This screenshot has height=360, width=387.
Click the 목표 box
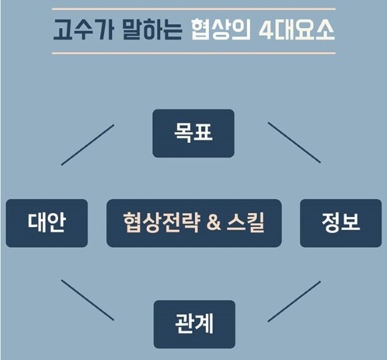click(x=193, y=134)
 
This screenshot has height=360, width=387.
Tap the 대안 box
click(x=47, y=223)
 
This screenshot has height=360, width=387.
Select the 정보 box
click(x=340, y=223)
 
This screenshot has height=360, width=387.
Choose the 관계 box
click(x=194, y=324)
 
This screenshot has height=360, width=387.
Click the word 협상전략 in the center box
click(x=161, y=222)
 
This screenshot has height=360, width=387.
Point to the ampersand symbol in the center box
click(x=214, y=222)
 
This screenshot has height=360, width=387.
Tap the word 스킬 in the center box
click(x=246, y=222)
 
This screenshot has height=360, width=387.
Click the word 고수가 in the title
click(x=83, y=29)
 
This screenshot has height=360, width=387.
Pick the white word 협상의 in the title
click(x=221, y=29)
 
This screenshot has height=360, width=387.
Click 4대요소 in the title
click(x=297, y=29)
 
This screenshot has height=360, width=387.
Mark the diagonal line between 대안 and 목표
click(x=87, y=145)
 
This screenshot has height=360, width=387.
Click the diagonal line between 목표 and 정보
click(x=294, y=142)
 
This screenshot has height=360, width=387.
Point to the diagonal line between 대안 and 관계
click(x=87, y=300)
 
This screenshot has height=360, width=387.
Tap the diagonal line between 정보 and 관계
click(x=294, y=301)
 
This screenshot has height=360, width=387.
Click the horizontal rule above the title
click(x=193, y=9)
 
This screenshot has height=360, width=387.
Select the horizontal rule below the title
click(x=193, y=53)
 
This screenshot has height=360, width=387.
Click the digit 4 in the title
click(x=266, y=30)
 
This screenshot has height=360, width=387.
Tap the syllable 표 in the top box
click(x=203, y=132)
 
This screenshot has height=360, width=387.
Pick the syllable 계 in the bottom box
click(x=204, y=323)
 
